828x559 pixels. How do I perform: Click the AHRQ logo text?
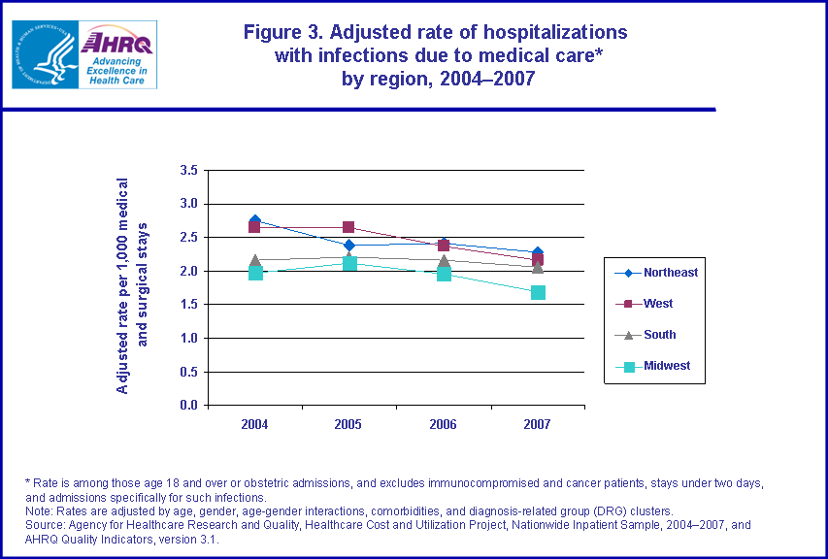coord(115,42)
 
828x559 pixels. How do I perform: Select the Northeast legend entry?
coord(670,273)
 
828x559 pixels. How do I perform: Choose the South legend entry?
coord(659,335)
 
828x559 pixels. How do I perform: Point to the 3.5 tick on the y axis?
coord(189,171)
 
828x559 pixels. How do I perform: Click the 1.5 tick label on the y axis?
coord(189,305)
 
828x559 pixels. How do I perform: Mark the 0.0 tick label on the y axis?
coord(189,406)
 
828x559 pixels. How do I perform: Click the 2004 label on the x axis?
coord(255,424)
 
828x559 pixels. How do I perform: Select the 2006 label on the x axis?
coord(444,424)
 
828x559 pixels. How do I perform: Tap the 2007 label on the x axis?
coord(538,424)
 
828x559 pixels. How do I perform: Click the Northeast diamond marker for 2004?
coord(255,221)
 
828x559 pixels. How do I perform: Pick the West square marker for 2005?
coord(349,228)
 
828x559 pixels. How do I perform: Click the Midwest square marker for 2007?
coord(538,292)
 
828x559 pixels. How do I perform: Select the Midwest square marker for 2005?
coord(349,263)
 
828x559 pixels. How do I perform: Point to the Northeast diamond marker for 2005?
coord(349,246)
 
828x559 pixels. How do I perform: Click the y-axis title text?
coord(131,286)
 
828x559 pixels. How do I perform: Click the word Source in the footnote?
coord(45,524)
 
